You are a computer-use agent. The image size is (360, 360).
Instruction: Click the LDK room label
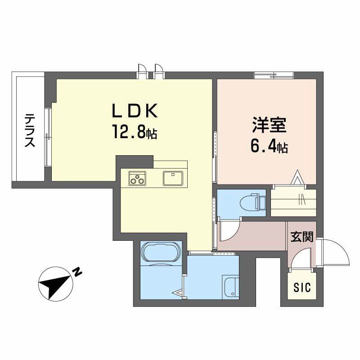point(135,111)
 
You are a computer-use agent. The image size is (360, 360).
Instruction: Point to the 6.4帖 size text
point(269,147)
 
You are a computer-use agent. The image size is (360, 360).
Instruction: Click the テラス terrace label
point(30,130)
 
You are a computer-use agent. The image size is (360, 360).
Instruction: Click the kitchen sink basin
point(172,178)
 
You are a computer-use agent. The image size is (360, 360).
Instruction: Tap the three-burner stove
point(138,178)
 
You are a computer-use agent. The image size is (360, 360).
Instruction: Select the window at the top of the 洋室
point(274,74)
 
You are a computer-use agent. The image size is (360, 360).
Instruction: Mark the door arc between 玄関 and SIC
point(301,261)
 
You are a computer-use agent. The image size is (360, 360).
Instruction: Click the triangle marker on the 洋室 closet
point(297,178)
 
